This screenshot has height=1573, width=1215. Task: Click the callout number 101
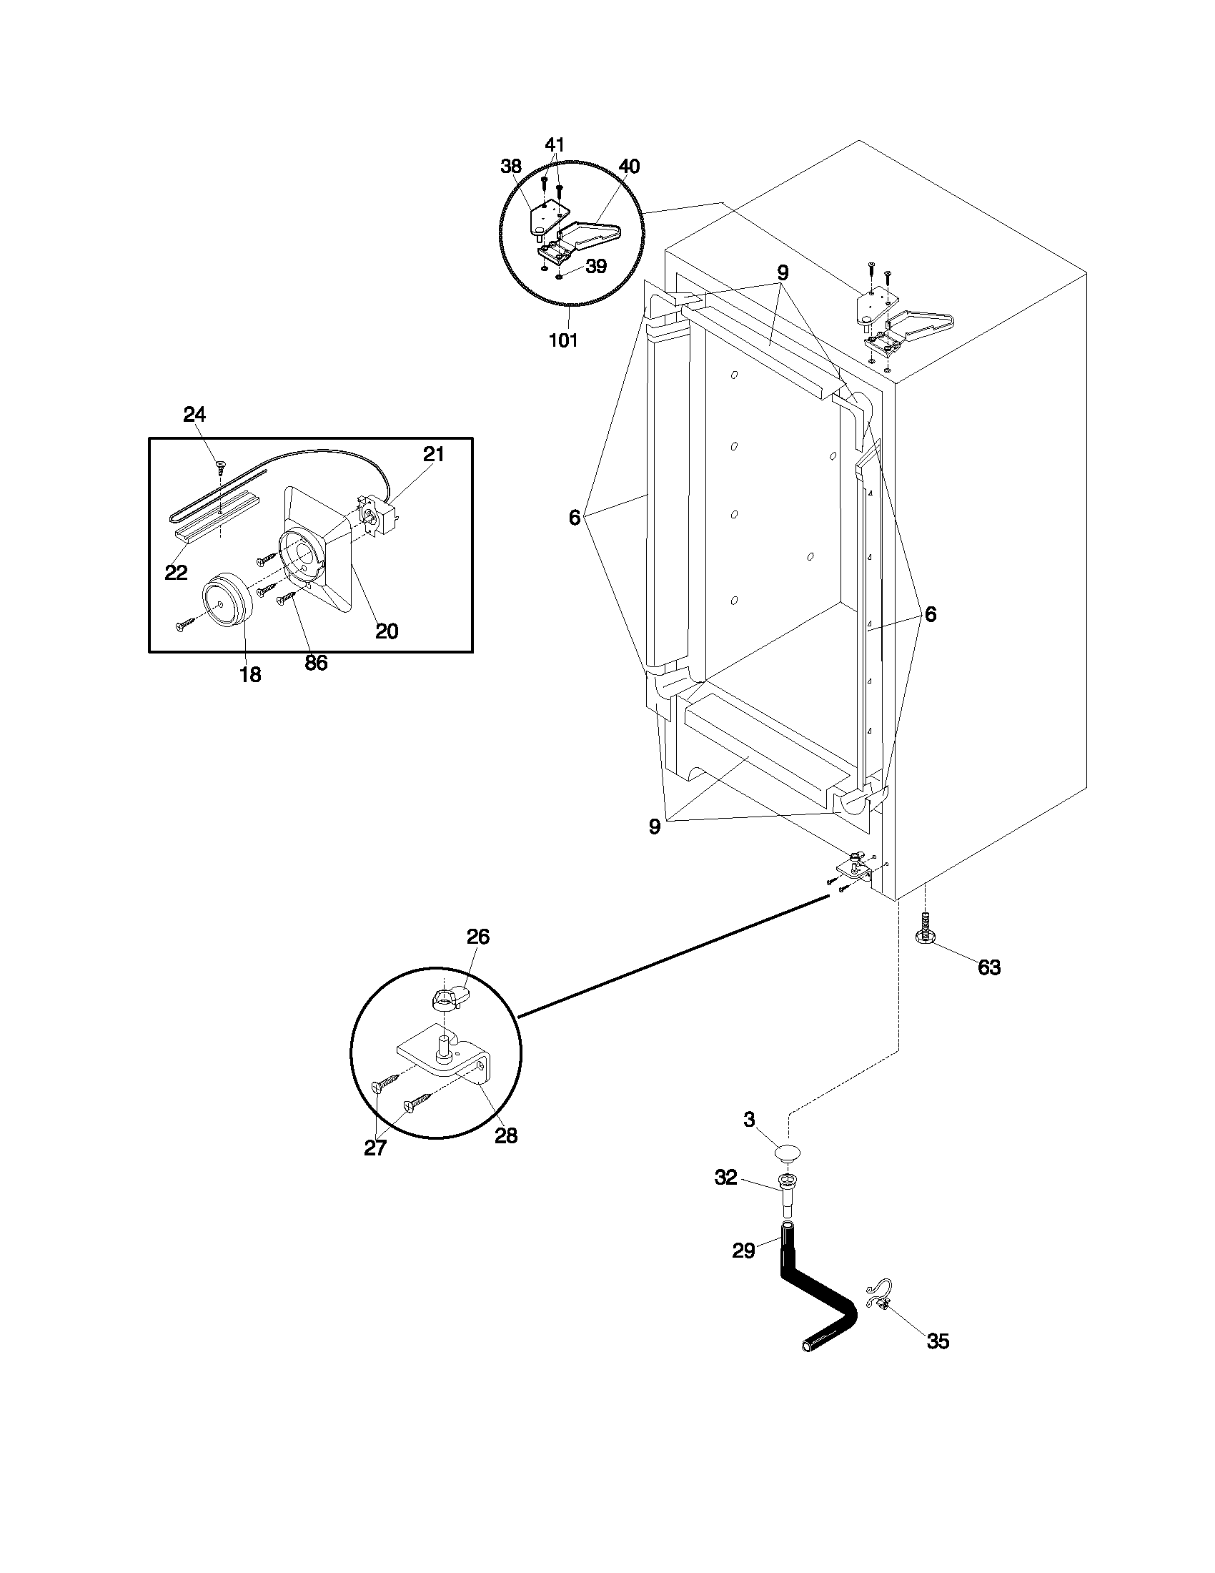(563, 340)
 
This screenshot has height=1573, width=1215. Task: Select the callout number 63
(988, 967)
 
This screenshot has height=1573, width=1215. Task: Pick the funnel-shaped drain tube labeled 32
(787, 1196)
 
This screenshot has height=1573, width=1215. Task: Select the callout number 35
(937, 1341)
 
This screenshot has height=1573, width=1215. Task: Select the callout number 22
(176, 573)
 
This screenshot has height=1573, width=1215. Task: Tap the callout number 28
(506, 1137)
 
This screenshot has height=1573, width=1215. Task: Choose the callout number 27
(375, 1148)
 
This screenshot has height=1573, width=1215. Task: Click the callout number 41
(554, 144)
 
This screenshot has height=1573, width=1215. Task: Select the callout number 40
(628, 167)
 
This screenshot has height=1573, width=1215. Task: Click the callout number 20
(387, 631)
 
